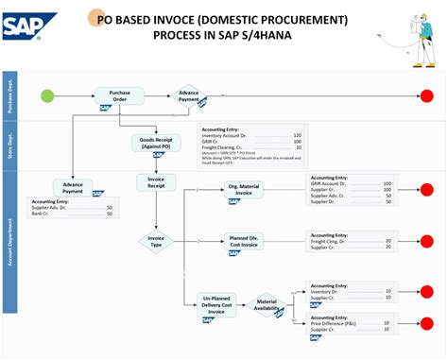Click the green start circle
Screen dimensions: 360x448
[x=48, y=95]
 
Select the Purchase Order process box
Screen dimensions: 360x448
[x=119, y=95]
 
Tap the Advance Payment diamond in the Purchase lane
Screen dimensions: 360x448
[x=189, y=96]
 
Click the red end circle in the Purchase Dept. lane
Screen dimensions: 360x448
[x=426, y=95]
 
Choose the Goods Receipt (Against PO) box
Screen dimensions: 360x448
[x=155, y=143]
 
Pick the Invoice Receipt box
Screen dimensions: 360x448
[x=156, y=181]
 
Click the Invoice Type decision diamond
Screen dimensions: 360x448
[x=156, y=242]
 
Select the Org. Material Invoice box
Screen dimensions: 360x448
[x=248, y=190]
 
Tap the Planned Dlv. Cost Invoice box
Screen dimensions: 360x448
[x=248, y=242]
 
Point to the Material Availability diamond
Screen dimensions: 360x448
[x=267, y=304]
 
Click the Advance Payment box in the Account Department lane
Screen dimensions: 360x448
[x=72, y=187]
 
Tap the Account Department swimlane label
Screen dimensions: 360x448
[x=10, y=243]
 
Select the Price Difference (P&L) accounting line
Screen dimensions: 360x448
[x=336, y=324]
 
